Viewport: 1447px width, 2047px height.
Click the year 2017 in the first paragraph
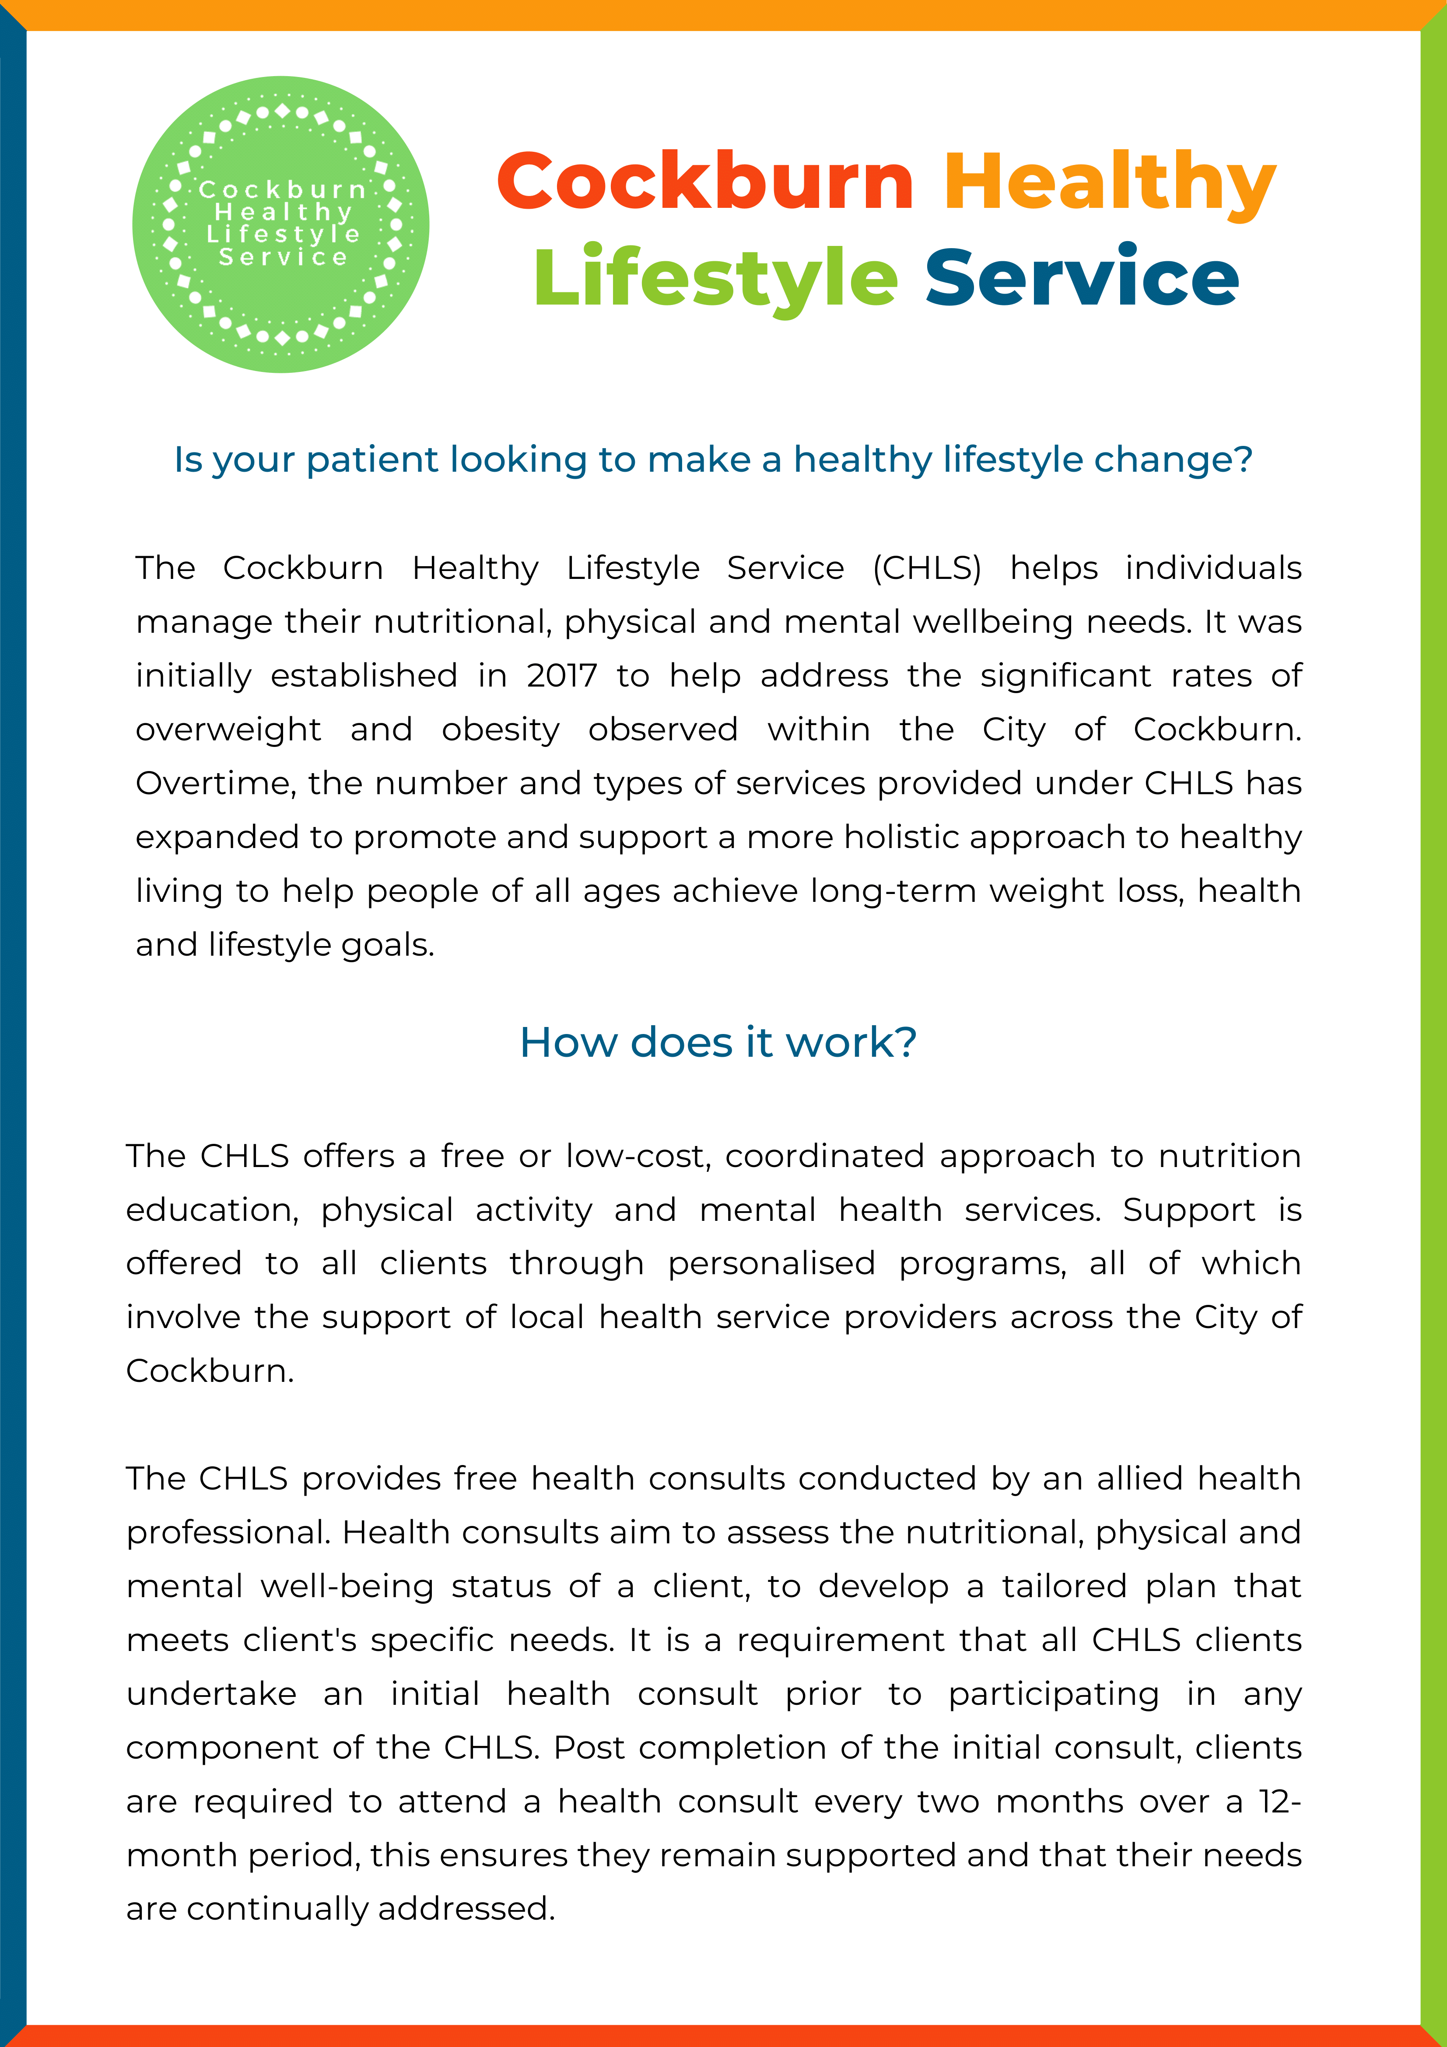tap(561, 676)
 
